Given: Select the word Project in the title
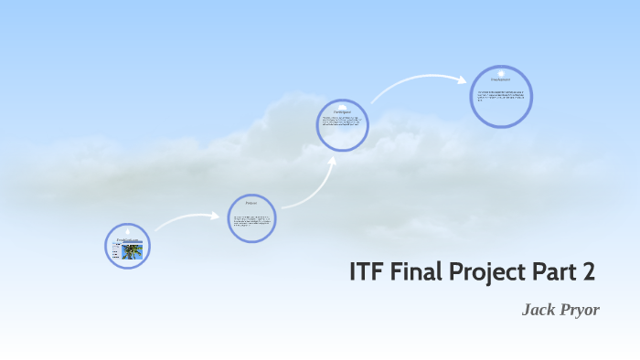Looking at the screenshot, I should point(490,272).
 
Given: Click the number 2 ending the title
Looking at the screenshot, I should point(589,272).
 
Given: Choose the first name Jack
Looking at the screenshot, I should point(539,311).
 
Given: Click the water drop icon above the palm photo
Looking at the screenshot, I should point(127,229).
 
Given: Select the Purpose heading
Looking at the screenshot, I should point(251,203).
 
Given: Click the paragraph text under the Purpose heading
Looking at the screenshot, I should point(251,222).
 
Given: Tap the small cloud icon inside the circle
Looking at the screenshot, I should point(343,105).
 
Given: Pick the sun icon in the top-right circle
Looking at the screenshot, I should point(501,72).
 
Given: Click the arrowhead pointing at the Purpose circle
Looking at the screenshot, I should point(218,217).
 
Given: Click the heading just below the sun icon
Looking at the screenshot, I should point(501,81).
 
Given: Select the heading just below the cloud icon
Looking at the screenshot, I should point(343,112).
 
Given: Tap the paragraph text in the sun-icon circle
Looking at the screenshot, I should point(501,97).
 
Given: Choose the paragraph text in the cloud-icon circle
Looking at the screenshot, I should point(343,125).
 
